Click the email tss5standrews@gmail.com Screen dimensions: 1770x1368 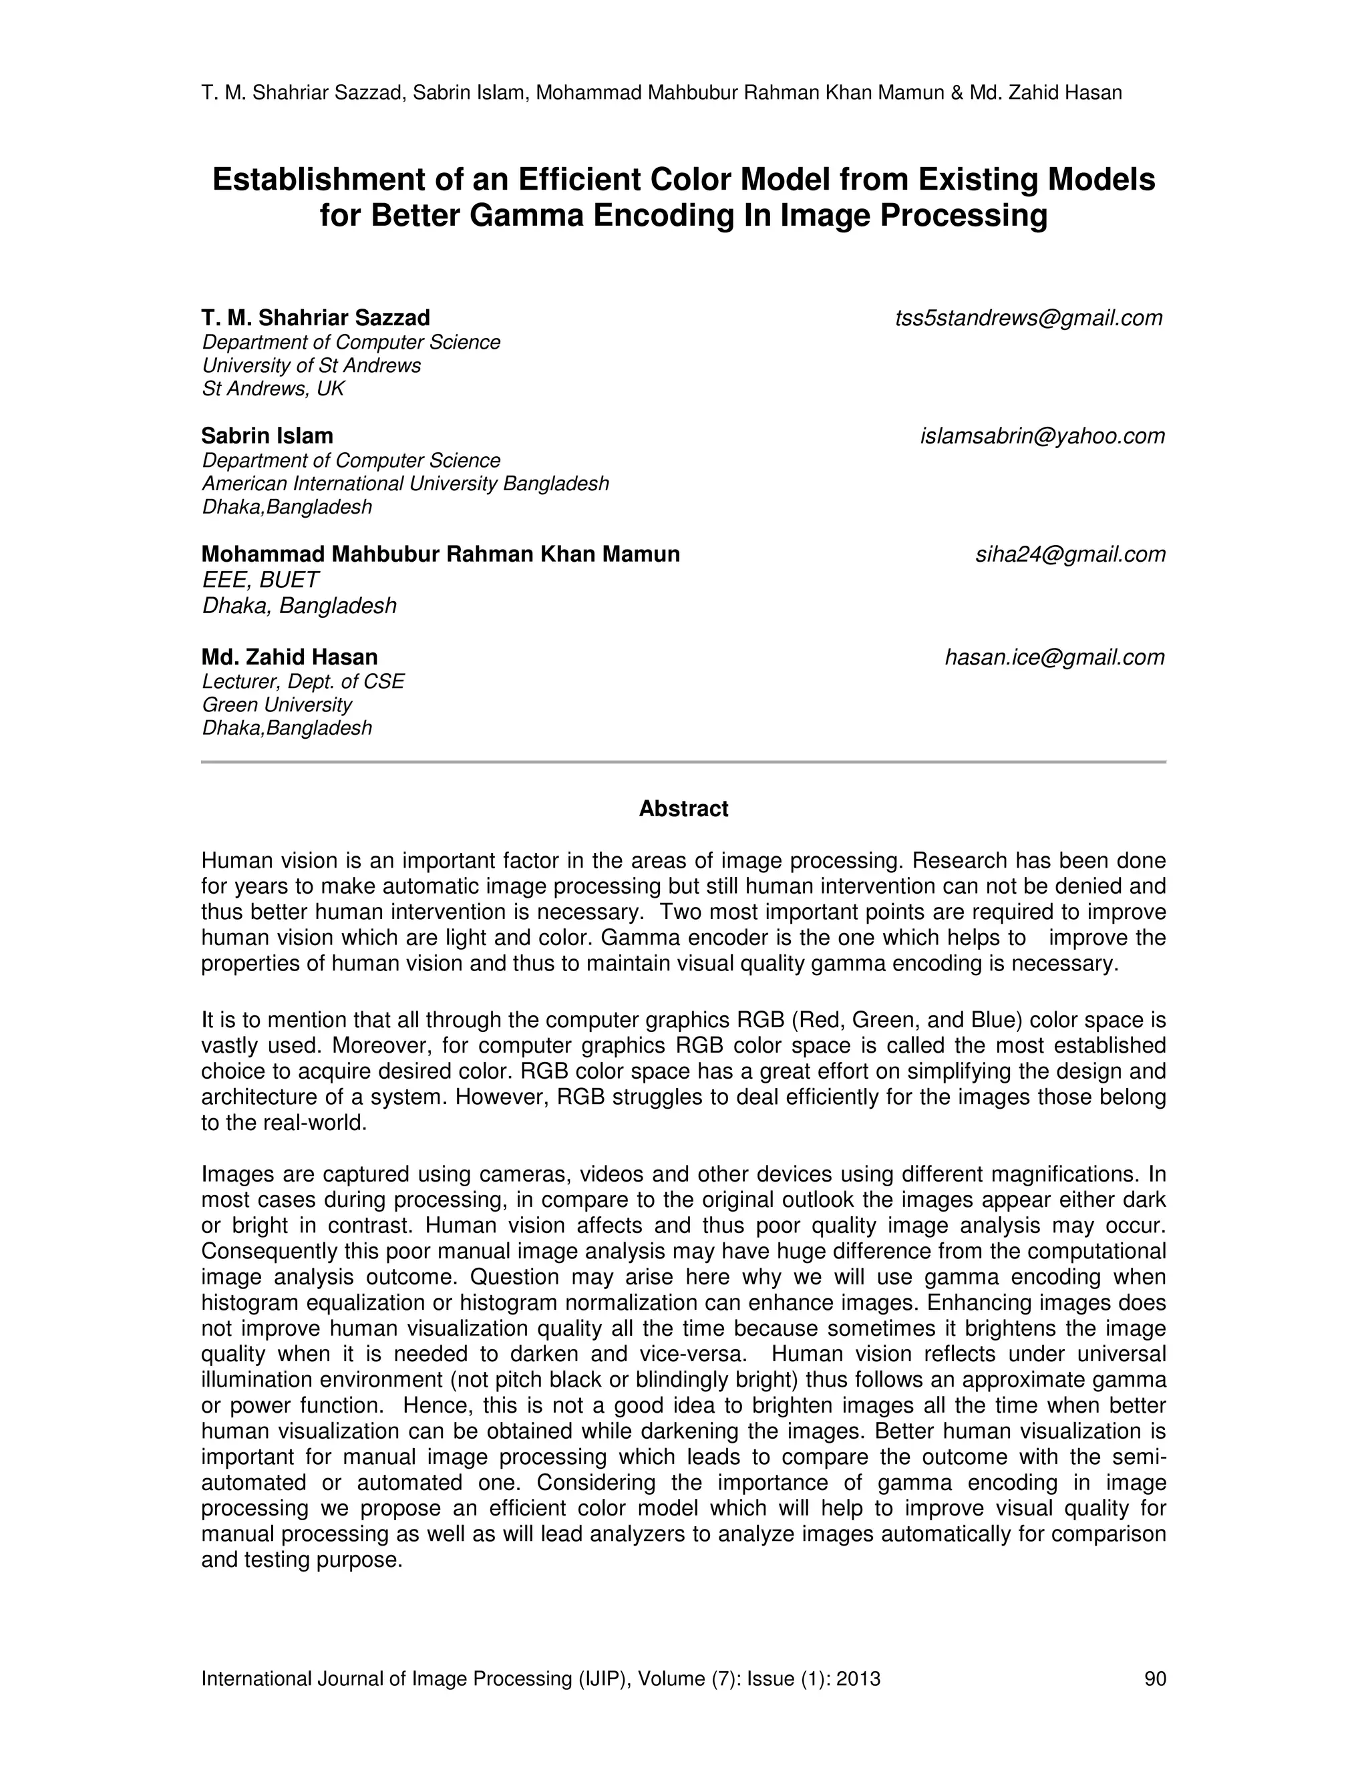click(x=1029, y=319)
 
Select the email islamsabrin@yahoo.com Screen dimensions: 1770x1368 click(x=1042, y=436)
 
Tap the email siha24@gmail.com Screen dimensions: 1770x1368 click(x=1070, y=554)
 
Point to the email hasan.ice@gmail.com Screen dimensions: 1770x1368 click(x=1054, y=657)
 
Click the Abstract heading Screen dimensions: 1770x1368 click(x=683, y=809)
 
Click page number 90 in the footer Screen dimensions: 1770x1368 click(x=1154, y=1678)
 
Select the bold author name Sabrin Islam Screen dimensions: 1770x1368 click(x=267, y=436)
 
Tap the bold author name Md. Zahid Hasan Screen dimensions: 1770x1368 click(x=289, y=657)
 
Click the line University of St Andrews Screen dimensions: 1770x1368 click(x=311, y=365)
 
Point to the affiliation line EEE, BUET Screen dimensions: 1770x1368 click(x=260, y=580)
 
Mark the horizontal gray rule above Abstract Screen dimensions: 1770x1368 click(x=683, y=762)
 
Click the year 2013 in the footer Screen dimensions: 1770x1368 click(x=858, y=1678)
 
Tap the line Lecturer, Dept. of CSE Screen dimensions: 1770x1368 click(x=303, y=681)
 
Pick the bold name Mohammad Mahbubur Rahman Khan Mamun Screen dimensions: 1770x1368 click(x=440, y=554)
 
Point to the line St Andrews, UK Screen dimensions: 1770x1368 click(x=273, y=389)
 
